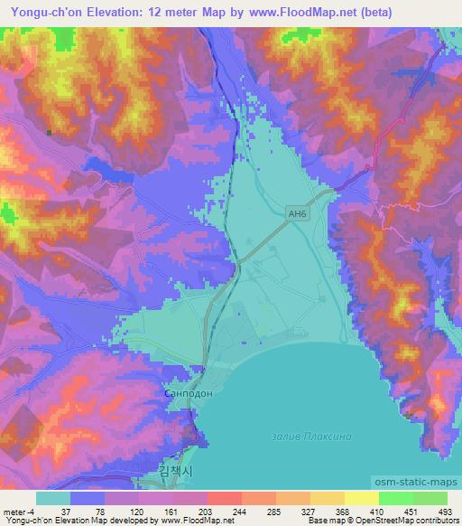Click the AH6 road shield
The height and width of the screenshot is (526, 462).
tap(299, 212)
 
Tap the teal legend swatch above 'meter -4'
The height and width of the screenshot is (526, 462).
tap(53, 498)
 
